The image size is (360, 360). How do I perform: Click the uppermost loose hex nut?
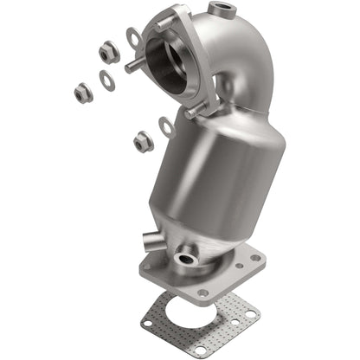coord(108,53)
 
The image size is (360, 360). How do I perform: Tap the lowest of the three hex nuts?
coord(143,142)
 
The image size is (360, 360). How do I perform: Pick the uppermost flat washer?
coord(134,38)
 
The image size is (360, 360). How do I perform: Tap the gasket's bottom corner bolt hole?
coord(201,350)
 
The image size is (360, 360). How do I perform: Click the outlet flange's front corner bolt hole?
coord(202,292)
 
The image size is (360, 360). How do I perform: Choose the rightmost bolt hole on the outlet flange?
coord(256,256)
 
